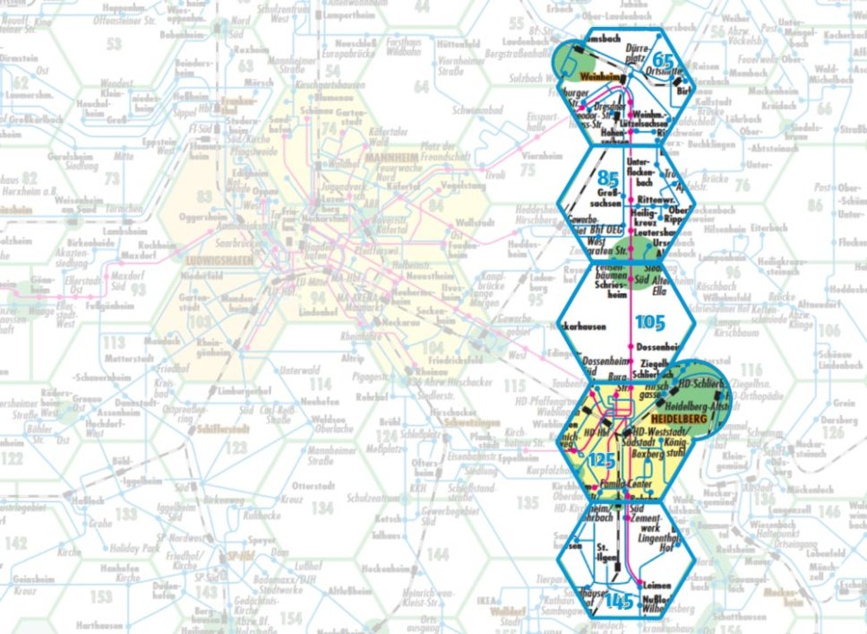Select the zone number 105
pos(650,320)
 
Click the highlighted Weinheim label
pos(600,79)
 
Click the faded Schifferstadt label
pos(211,429)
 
